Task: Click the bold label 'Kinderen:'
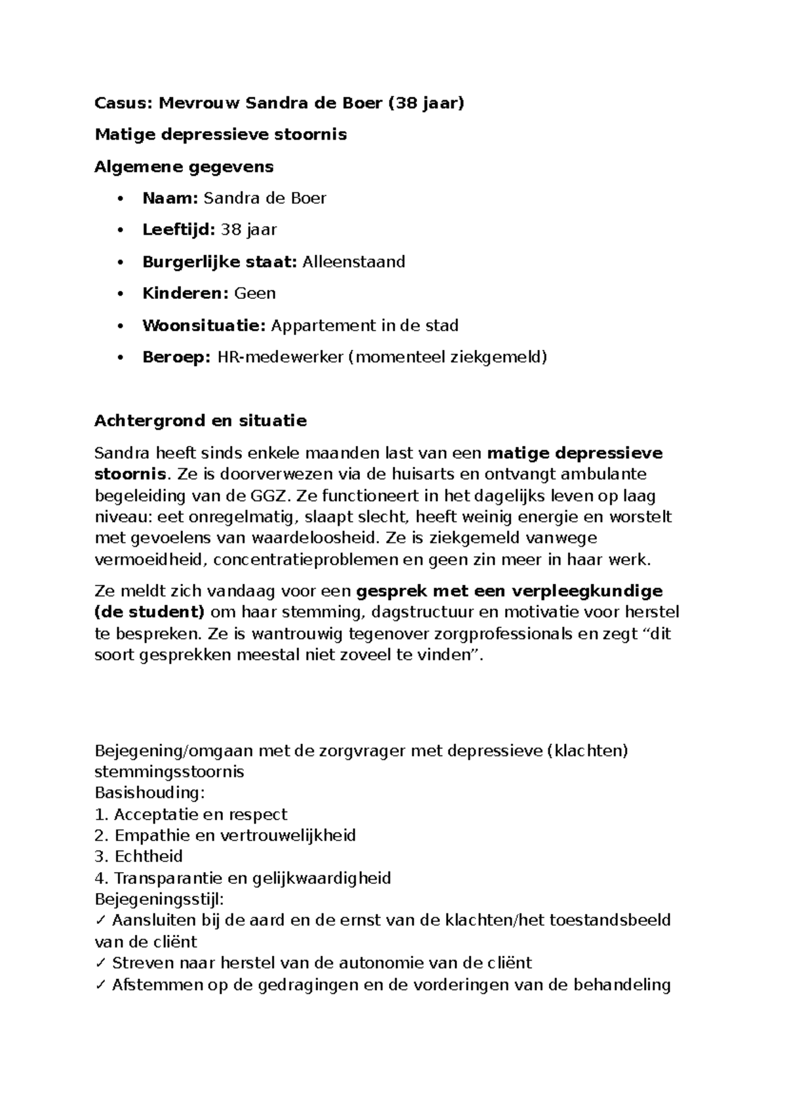click(186, 293)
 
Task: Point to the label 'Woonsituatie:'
click(204, 325)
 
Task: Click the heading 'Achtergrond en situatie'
click(200, 421)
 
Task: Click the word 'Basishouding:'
click(150, 793)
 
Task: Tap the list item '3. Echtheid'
click(138, 856)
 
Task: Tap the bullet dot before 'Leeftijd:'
click(119, 230)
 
